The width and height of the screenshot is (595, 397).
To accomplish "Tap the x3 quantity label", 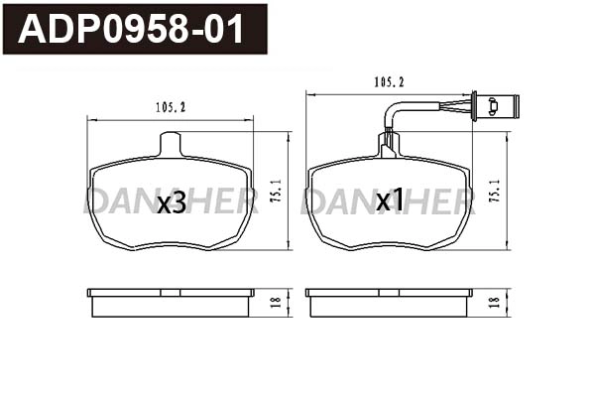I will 172,202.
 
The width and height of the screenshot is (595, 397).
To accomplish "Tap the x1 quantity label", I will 390,201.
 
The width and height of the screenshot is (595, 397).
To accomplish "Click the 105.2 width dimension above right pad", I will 389,83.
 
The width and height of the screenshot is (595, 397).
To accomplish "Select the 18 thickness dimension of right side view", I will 494,303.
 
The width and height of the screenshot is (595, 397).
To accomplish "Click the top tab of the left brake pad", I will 172,144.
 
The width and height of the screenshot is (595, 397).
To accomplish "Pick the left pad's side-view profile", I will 171,303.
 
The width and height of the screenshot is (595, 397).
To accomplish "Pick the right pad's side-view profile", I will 389,303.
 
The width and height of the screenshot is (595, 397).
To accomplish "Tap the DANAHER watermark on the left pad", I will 171,202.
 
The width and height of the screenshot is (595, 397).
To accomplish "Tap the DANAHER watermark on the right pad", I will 390,202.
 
